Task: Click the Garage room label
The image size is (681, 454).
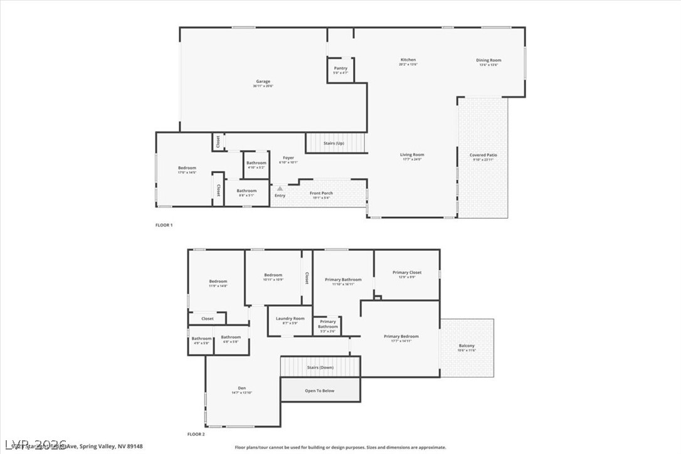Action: tap(263, 82)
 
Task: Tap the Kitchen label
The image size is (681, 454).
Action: tap(408, 61)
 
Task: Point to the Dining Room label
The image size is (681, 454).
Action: tap(488, 61)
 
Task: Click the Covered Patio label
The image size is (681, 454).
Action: tap(483, 156)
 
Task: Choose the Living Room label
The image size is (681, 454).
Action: tap(412, 155)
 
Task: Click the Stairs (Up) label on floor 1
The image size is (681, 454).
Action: tap(334, 144)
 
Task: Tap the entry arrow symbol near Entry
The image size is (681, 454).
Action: tap(280, 187)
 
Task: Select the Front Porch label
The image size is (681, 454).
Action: tap(322, 194)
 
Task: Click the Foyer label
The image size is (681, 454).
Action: tap(288, 158)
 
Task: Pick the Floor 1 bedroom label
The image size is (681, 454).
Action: tap(187, 168)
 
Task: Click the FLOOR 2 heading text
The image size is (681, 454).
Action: tap(196, 434)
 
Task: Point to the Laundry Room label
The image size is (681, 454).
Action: tap(290, 319)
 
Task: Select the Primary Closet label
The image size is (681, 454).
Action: tap(407, 273)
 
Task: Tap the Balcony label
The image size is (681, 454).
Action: tap(467, 346)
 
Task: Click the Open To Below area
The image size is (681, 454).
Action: tap(320, 390)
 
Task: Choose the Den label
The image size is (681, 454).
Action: tap(241, 388)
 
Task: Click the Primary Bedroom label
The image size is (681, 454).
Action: tap(401, 337)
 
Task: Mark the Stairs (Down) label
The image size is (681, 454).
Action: tap(320, 367)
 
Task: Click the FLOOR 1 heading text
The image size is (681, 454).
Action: tap(164, 224)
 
